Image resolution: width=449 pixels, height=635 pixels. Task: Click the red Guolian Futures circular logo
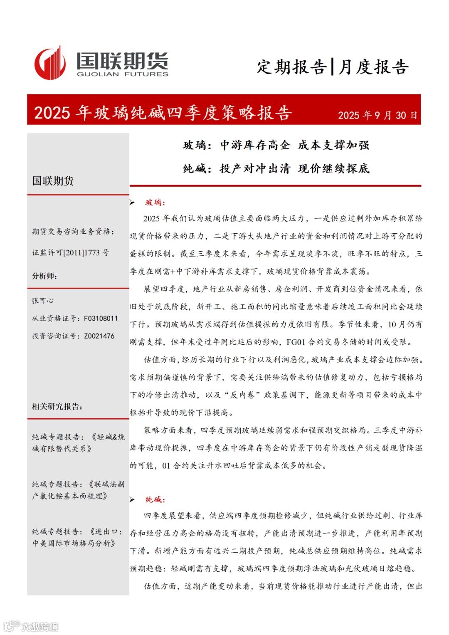[x=49, y=64]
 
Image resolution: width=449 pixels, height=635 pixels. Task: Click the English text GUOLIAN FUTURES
[x=122, y=74]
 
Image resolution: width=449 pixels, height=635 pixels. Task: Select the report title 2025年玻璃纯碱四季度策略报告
[x=163, y=113]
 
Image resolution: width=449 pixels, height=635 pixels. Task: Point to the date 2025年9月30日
[x=377, y=115]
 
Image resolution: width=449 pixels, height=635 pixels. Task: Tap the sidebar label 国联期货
[x=53, y=181]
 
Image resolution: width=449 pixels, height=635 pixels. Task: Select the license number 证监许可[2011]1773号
[x=70, y=252]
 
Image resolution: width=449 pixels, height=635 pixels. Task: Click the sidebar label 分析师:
[x=44, y=276]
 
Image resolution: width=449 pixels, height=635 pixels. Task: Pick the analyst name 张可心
[x=43, y=300]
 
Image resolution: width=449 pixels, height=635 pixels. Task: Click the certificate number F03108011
[x=101, y=319]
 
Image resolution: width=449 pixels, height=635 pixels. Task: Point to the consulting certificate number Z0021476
[x=99, y=336]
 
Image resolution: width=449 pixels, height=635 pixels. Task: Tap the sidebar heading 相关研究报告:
[x=57, y=406]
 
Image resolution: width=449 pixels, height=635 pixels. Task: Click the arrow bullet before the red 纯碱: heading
[x=132, y=499]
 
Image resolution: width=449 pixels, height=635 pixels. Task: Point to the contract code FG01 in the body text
[x=296, y=342]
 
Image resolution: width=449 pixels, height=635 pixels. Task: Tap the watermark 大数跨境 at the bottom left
[x=39, y=626]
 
